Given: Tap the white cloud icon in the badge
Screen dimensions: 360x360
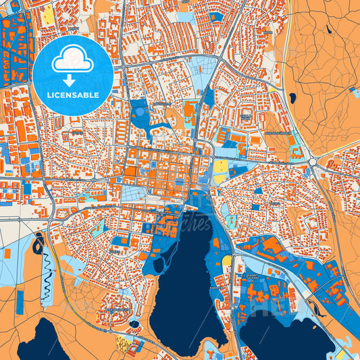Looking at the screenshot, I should click(72, 61).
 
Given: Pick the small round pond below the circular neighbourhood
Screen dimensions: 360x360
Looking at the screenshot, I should click(134, 324).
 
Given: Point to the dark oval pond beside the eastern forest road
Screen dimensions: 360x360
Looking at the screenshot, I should click(293, 99).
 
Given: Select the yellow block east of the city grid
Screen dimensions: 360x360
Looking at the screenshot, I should click(221, 165).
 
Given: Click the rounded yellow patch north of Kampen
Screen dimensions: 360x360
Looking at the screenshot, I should click(227, 261).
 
